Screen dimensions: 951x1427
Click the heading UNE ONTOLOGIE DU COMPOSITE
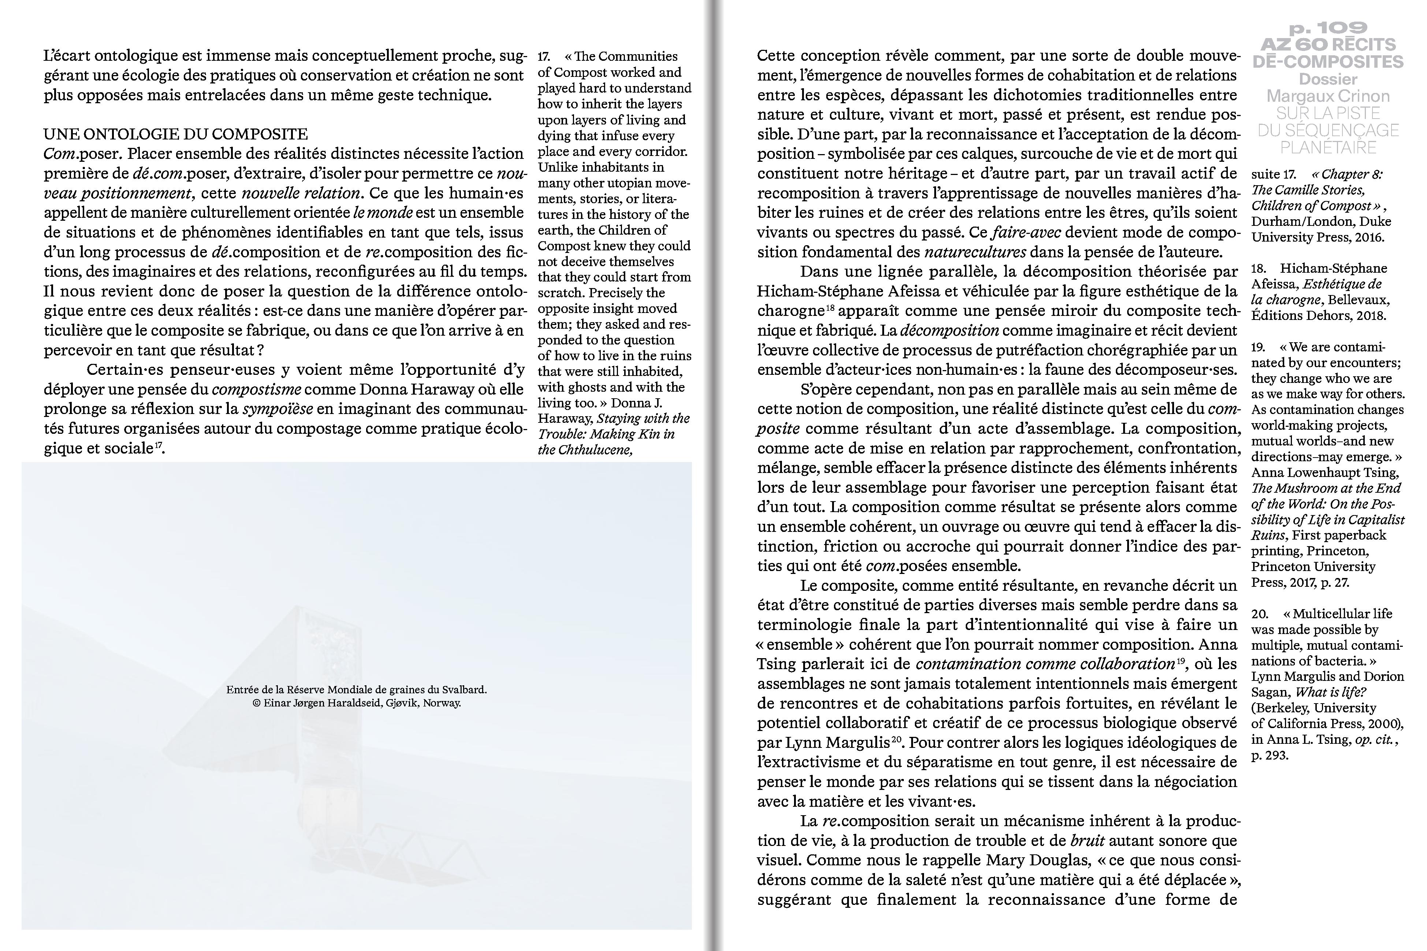(176, 134)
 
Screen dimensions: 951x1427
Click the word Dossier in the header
(1327, 79)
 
